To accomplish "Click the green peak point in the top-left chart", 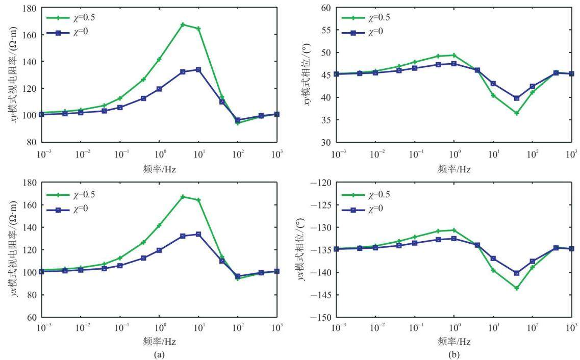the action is click(183, 24).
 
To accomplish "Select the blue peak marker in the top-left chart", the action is click(198, 69).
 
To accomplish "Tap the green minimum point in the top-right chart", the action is click(517, 113).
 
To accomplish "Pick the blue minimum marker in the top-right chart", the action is click(517, 98).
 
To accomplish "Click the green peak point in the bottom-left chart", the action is click(183, 197).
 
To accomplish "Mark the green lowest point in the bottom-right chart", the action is click(517, 288).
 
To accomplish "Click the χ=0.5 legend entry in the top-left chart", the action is click(70, 17).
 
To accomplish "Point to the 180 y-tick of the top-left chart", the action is click(29, 8).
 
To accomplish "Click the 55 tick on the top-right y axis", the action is click(326, 30).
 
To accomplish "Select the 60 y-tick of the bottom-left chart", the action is click(32, 317).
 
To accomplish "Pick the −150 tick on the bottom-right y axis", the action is click(321, 317).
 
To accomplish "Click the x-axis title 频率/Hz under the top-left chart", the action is click(159, 170).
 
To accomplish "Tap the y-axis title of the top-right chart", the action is click(307, 74).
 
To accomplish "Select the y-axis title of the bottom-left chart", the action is click(13, 249).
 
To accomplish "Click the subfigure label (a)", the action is click(159, 355).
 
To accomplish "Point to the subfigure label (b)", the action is click(454, 355).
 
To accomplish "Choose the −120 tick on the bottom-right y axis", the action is click(321, 183).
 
